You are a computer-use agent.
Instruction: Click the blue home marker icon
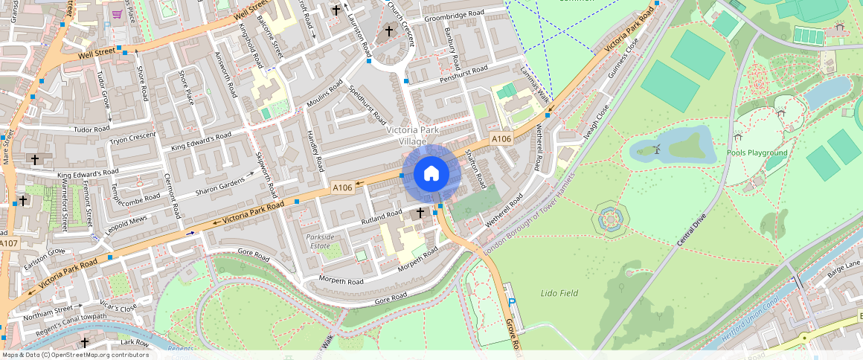click(431, 174)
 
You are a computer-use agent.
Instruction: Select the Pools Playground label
click(757, 152)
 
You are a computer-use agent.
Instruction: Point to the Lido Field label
click(559, 294)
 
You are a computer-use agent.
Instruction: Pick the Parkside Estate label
click(320, 241)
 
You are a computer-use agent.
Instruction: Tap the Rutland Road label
click(382, 216)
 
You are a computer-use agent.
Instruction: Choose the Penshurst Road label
click(463, 73)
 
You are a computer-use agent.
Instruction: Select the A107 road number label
click(8, 244)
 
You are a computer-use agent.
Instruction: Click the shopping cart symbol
click(117, 13)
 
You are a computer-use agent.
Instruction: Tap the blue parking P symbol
click(512, 301)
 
